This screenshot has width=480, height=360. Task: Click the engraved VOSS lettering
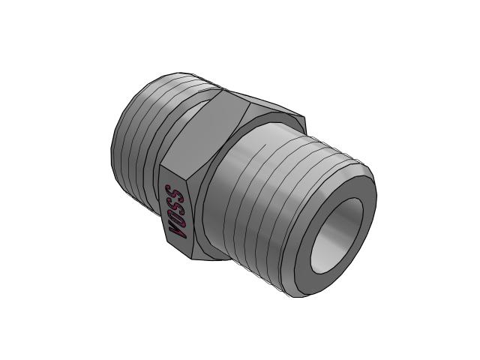click(175, 211)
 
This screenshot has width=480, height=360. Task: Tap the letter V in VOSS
click(178, 232)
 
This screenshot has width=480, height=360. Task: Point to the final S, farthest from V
click(173, 192)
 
